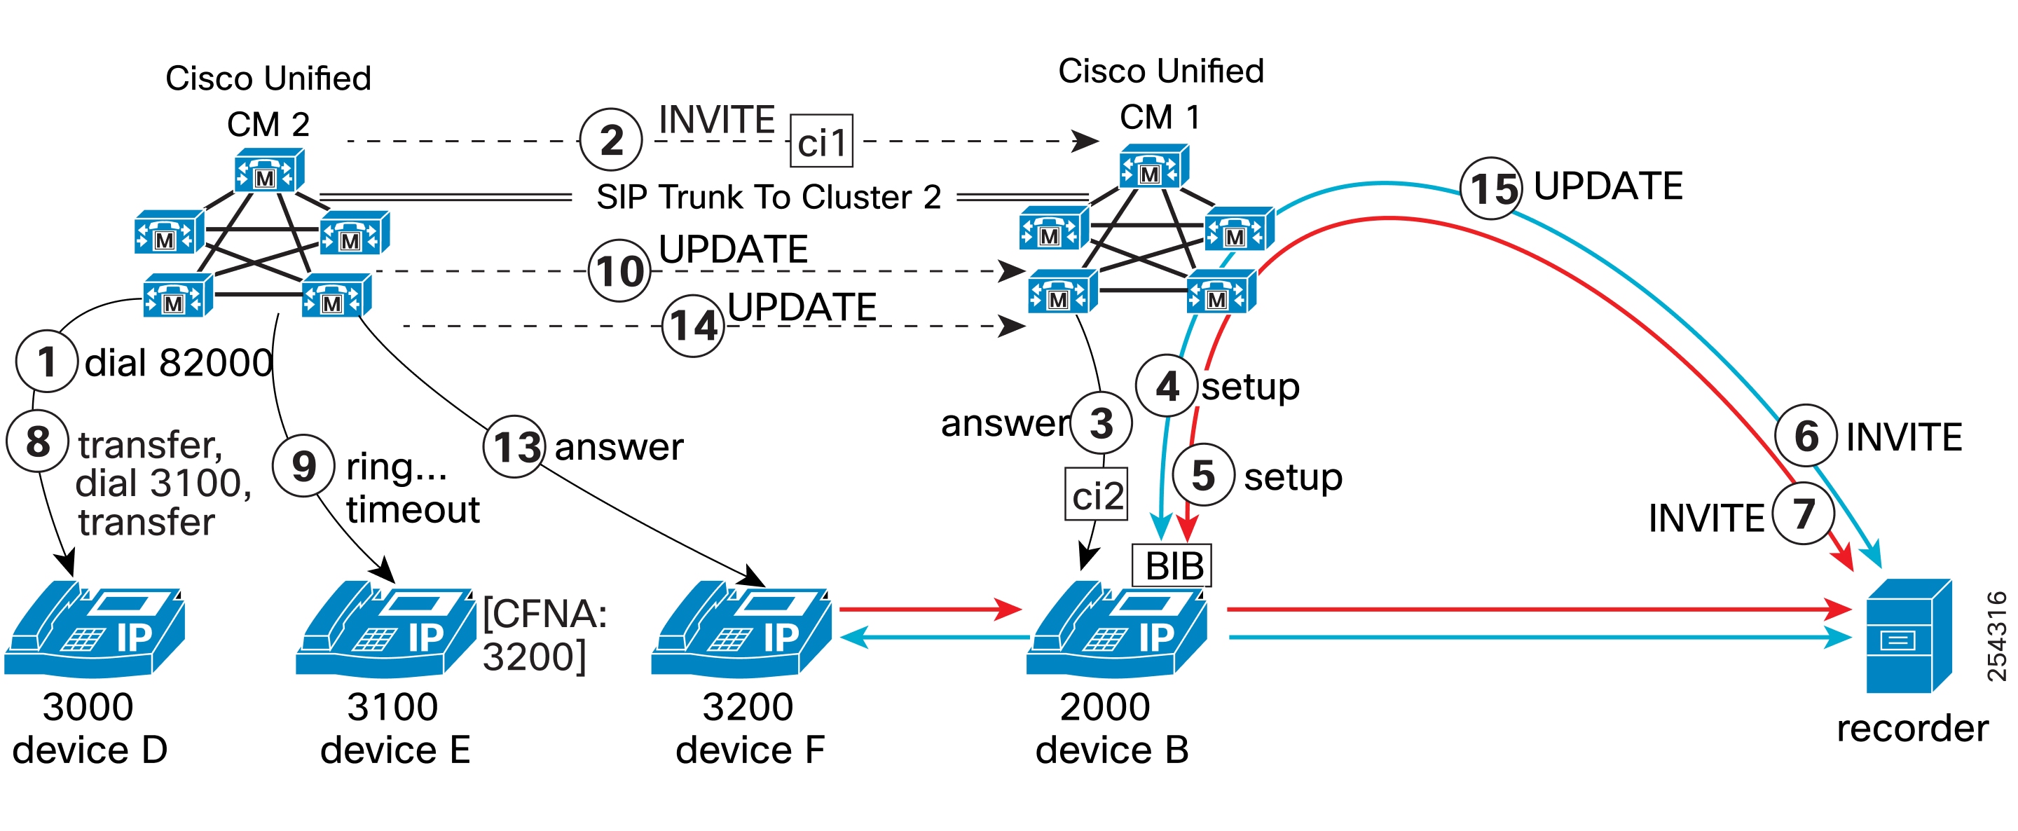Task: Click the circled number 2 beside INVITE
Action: coord(611,140)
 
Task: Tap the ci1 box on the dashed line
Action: coord(821,142)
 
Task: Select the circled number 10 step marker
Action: coord(619,271)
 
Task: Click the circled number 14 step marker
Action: coord(693,326)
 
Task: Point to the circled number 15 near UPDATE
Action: coord(1492,188)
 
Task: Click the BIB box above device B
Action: coord(1172,565)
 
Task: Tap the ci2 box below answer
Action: coord(1096,495)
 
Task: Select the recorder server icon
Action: coord(1908,636)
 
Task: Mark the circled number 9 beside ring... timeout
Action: coord(304,466)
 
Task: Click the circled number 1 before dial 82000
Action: coord(47,361)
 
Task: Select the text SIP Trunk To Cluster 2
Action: coord(768,198)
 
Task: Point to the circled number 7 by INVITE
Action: coord(1804,514)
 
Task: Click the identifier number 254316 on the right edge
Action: coord(1996,636)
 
